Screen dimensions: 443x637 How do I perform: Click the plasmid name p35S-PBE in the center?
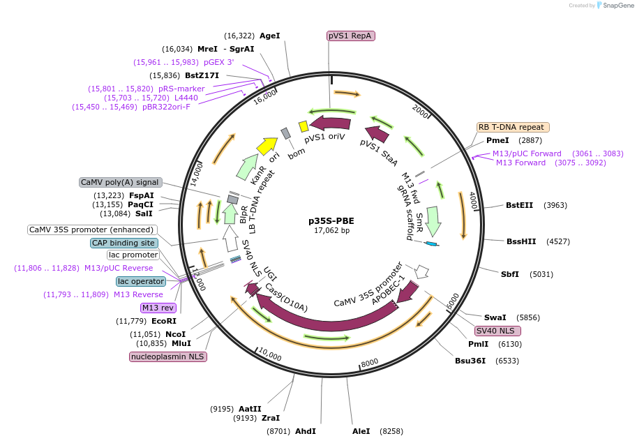(x=331, y=220)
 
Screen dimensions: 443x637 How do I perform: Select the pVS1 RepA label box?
(x=351, y=36)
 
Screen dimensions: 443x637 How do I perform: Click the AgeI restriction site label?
(x=269, y=36)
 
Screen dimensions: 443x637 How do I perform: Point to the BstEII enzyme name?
(x=519, y=205)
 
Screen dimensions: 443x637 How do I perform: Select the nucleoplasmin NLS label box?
(x=168, y=356)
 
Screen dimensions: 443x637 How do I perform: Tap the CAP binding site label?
(x=124, y=243)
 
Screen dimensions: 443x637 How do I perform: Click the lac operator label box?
(x=141, y=281)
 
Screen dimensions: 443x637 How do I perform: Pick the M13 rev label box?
(x=158, y=308)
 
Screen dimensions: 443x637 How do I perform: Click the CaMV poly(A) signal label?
(x=120, y=182)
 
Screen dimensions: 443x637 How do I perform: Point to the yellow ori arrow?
(x=267, y=146)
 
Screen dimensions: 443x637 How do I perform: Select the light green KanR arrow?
(x=246, y=167)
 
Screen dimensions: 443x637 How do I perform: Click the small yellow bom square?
(x=303, y=126)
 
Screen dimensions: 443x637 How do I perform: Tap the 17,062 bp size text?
(x=331, y=230)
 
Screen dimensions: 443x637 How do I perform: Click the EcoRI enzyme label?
(x=164, y=321)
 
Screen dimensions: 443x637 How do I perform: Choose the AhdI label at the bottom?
(x=306, y=431)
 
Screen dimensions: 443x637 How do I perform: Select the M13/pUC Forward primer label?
(x=527, y=153)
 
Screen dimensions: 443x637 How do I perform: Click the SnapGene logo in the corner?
(x=614, y=5)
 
